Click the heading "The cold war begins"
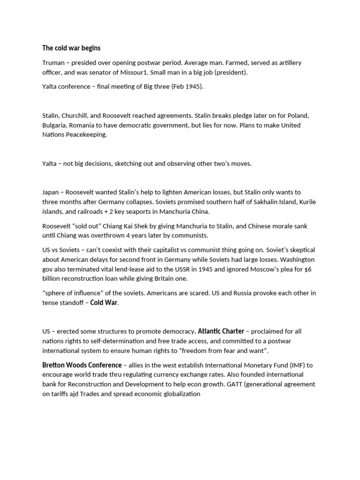click(x=71, y=48)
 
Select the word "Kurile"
click(x=306, y=202)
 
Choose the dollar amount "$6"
click(x=312, y=269)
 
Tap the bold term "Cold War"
click(x=104, y=302)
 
